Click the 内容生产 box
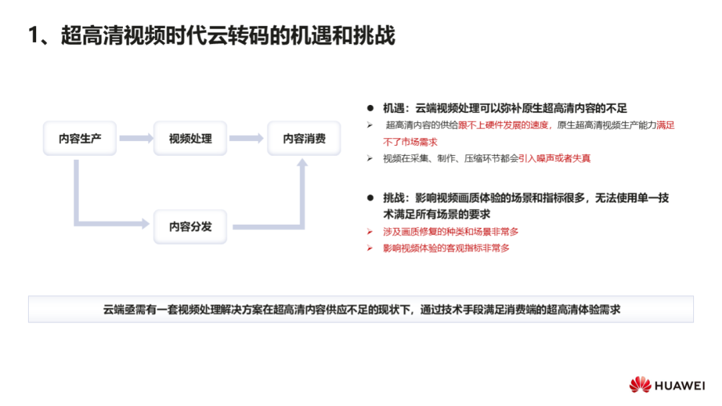pos(80,138)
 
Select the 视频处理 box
pos(190,138)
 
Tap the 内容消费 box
pos(304,138)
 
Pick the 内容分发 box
pos(190,227)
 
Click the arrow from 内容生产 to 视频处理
pos(136,138)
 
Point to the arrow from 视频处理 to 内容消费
pos(246,138)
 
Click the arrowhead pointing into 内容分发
pos(146,224)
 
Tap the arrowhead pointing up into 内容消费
pos(302,163)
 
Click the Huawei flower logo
pos(640,385)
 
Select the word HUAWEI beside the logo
pos(680,386)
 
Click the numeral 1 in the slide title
pos(33,35)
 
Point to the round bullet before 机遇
pos(370,108)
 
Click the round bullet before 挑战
pos(370,198)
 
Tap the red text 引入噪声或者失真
pos(554,159)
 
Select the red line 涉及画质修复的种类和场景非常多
pos(451,232)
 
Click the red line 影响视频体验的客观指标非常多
pos(446,248)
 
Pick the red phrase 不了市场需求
pos(410,142)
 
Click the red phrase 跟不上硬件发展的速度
pos(503,125)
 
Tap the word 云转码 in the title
pos(238,35)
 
